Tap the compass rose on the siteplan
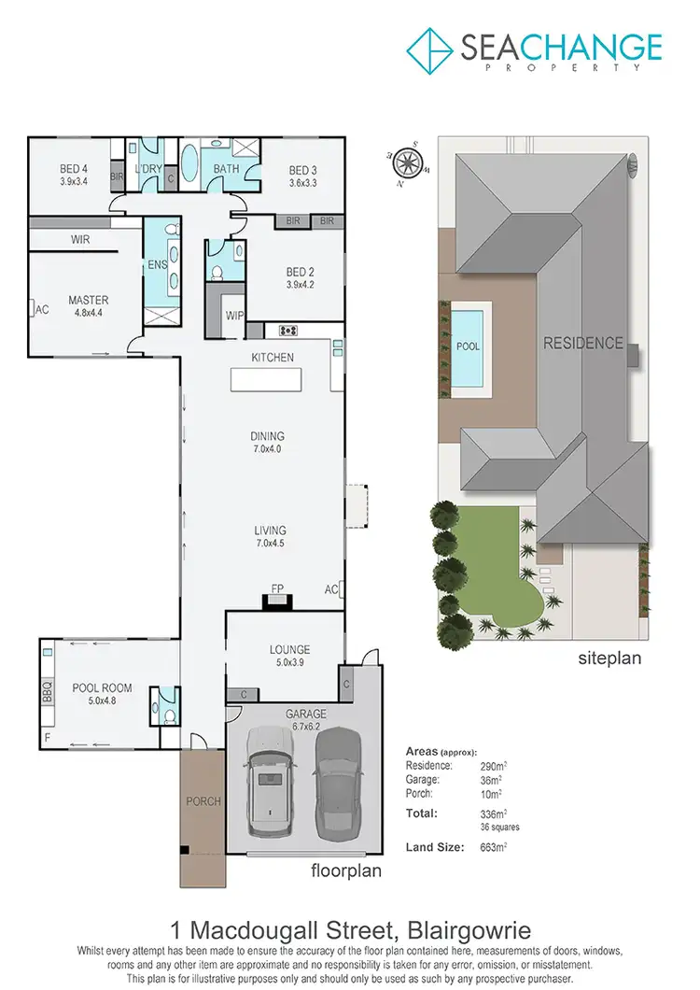click(x=407, y=163)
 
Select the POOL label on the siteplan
click(x=468, y=346)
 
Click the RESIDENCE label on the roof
click(x=583, y=343)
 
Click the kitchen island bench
click(x=267, y=380)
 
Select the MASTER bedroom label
click(x=89, y=301)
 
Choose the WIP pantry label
click(x=233, y=316)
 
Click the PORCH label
click(x=203, y=801)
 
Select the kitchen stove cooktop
click(x=287, y=330)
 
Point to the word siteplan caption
click(x=610, y=658)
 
